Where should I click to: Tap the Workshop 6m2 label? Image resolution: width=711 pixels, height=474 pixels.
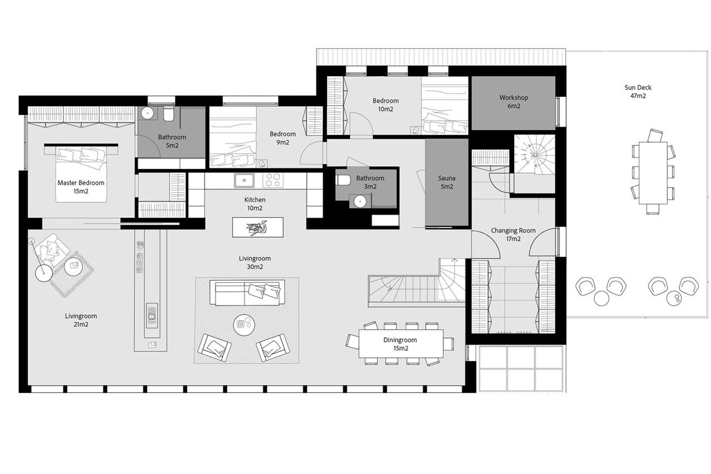(x=513, y=102)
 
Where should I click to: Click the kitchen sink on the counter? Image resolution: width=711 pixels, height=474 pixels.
(x=244, y=180)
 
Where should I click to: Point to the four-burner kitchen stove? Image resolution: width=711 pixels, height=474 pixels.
(x=273, y=180)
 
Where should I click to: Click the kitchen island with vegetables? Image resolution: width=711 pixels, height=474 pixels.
(x=257, y=227)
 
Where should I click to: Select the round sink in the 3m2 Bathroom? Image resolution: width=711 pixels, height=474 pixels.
(x=360, y=202)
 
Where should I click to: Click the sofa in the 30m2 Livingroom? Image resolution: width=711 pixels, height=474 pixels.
(x=247, y=293)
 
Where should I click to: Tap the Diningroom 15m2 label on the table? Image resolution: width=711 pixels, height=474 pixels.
(x=400, y=344)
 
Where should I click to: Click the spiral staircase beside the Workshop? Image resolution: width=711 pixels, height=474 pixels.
(x=534, y=155)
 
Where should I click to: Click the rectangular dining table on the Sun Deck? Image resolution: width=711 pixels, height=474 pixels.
(x=653, y=173)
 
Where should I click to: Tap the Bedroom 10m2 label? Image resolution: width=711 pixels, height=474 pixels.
(x=385, y=105)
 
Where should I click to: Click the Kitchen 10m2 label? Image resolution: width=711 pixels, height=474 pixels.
(x=255, y=204)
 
